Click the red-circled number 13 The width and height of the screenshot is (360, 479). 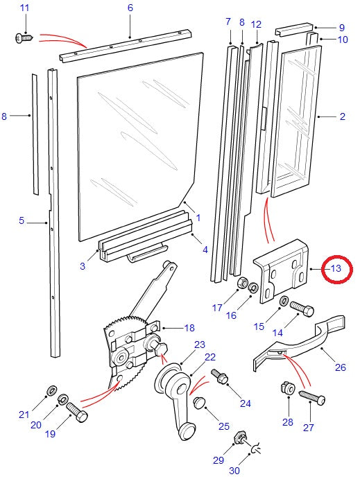(336, 268)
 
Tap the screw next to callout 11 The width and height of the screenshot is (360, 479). (24, 38)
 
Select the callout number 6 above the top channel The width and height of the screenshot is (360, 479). (130, 8)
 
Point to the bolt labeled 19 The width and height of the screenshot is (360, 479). (77, 412)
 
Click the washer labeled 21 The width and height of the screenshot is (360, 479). (51, 390)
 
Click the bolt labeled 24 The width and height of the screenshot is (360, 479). (219, 376)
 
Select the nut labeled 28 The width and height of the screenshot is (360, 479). (288, 388)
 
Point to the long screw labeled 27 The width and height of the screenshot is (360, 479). (312, 397)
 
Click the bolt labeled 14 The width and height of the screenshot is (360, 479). (302, 308)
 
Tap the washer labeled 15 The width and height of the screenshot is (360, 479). (284, 300)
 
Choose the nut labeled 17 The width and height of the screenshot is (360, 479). (242, 284)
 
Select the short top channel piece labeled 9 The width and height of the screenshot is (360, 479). (294, 29)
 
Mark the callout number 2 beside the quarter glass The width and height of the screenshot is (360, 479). (342, 116)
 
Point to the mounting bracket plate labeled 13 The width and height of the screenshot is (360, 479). (283, 272)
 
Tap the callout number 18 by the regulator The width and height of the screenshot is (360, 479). (189, 328)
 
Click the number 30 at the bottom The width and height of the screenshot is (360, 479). (234, 471)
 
